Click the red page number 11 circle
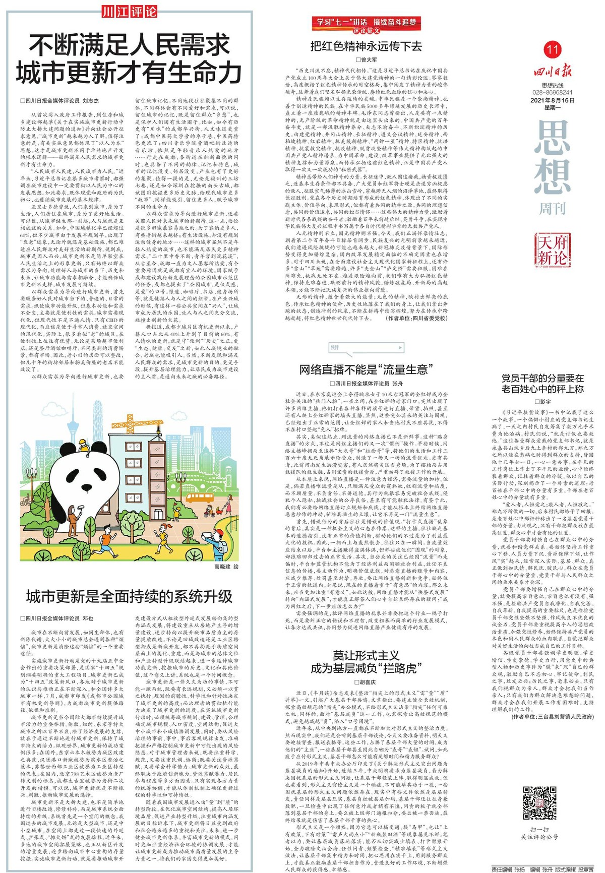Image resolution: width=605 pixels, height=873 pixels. [x=553, y=49]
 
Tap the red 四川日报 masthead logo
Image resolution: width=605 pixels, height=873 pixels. [x=553, y=70]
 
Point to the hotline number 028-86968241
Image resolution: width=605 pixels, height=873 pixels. [x=553, y=93]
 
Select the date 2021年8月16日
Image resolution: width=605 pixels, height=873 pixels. [x=553, y=100]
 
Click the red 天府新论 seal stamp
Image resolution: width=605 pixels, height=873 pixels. [x=552, y=251]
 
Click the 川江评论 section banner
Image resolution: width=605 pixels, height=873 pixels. [x=129, y=12]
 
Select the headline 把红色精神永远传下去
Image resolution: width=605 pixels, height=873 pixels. [x=366, y=47]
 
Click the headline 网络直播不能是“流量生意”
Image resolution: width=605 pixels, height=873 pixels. [x=367, y=369]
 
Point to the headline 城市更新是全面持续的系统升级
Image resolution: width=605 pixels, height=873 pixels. [x=129, y=597]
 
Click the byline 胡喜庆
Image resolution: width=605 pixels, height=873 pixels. [x=366, y=681]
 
